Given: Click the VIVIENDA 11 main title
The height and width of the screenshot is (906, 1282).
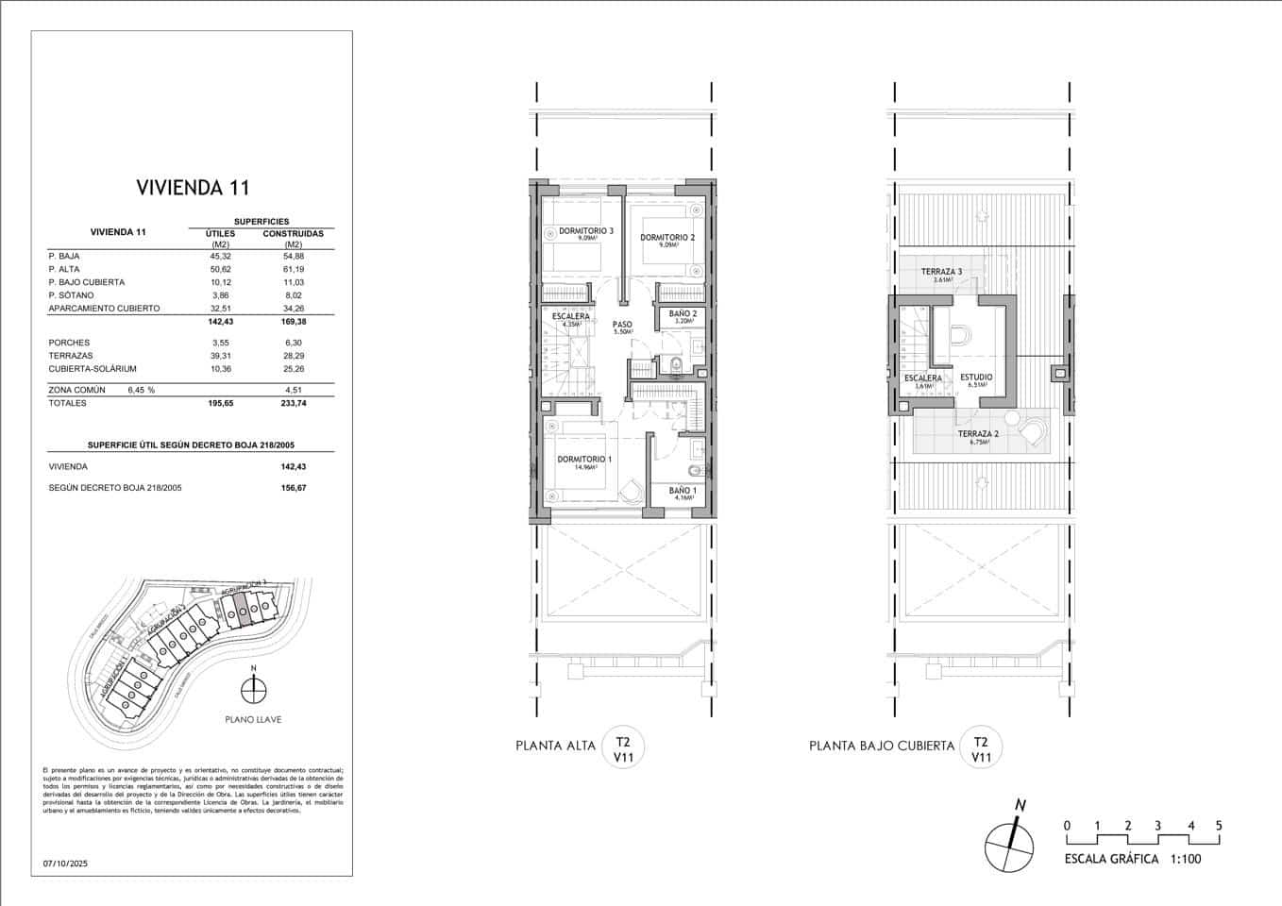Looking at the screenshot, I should (x=193, y=187).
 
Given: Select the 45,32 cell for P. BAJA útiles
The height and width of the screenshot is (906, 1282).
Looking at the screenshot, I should (x=219, y=256).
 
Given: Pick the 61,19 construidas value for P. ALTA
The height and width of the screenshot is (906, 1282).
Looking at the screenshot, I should (x=293, y=269).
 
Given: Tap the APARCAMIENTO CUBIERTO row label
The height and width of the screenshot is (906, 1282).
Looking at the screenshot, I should (x=104, y=309).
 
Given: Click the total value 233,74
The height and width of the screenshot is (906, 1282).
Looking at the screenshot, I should (x=293, y=403).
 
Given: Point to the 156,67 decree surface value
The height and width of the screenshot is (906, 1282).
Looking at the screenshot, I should (x=293, y=488).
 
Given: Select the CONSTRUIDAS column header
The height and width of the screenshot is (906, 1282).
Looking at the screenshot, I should (x=293, y=233).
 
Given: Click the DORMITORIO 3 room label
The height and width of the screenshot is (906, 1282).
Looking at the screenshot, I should (x=585, y=231).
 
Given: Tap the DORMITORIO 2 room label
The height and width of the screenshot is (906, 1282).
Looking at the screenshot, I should (x=667, y=237).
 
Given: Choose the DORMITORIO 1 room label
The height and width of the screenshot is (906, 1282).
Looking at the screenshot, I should (x=584, y=460).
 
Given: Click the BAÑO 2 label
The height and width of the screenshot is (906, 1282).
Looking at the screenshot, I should (x=683, y=313).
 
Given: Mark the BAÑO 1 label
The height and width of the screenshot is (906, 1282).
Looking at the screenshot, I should (x=683, y=491).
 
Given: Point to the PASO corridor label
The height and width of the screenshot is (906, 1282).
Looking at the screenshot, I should (x=622, y=325).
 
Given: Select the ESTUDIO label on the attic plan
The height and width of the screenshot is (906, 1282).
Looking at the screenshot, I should (x=976, y=377).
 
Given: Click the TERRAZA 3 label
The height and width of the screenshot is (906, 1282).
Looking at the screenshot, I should (x=941, y=272).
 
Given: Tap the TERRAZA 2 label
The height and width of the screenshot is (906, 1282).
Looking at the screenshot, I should (x=977, y=434).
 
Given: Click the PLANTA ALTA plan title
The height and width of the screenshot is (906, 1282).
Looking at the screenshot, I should (x=555, y=746).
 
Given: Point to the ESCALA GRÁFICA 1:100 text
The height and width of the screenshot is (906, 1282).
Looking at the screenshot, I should (x=1133, y=859).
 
